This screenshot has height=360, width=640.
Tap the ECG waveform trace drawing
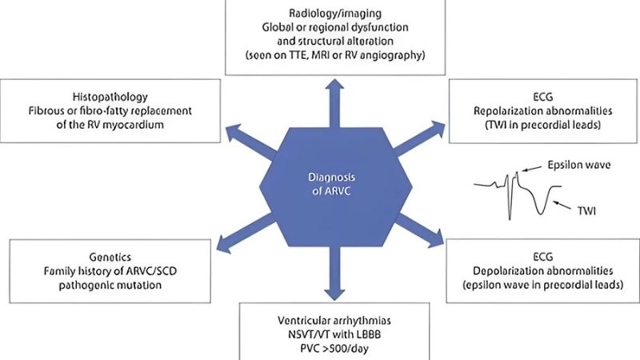pos(512,192)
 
